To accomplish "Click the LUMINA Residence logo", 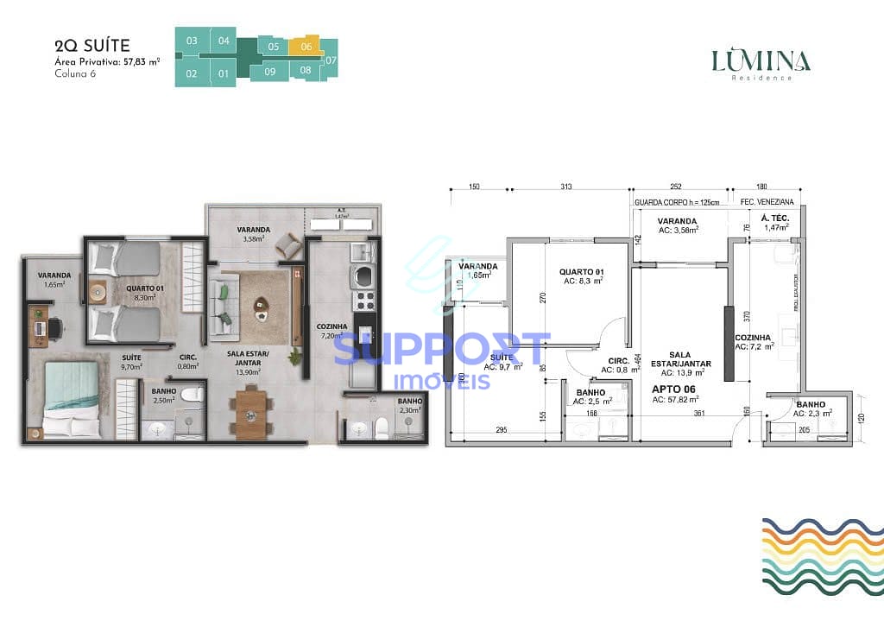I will click(761, 63).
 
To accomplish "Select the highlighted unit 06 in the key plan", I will click(306, 47).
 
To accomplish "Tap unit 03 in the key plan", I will click(192, 41).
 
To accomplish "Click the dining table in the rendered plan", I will click(250, 415).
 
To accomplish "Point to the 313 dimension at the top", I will click(566, 187).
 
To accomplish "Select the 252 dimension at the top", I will click(676, 187).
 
